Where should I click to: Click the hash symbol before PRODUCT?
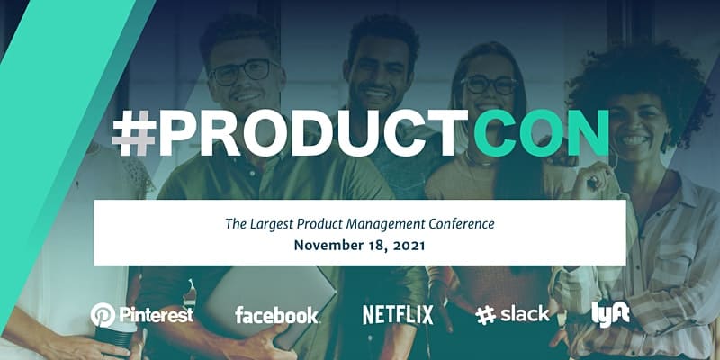pyautogui.click(x=134, y=133)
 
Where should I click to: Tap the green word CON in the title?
pyautogui.click(x=542, y=133)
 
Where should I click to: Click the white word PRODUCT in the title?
pyautogui.click(x=314, y=133)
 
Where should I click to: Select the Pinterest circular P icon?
pyautogui.click(x=103, y=315)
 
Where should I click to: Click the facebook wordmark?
pyautogui.click(x=277, y=315)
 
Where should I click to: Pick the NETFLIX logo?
pyautogui.click(x=398, y=315)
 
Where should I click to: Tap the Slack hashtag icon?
pyautogui.click(x=486, y=316)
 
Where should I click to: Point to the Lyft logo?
pyautogui.click(x=610, y=314)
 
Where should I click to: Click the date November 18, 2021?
pyautogui.click(x=359, y=245)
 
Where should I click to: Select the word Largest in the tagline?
pyautogui.click(x=272, y=224)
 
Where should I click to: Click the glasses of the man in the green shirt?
pyautogui.click(x=243, y=72)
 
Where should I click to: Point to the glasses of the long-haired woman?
pyautogui.click(x=489, y=85)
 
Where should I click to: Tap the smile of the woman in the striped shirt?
pyautogui.click(x=635, y=139)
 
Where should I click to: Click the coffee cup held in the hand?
pyautogui.click(x=115, y=338)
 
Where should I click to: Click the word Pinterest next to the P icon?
pyautogui.click(x=156, y=315)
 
